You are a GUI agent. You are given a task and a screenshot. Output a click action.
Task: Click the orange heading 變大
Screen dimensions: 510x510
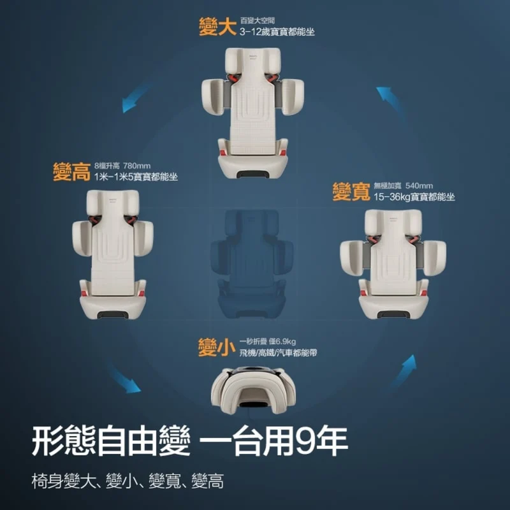tap(217, 26)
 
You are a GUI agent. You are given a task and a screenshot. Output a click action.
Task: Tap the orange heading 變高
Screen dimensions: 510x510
tap(71, 171)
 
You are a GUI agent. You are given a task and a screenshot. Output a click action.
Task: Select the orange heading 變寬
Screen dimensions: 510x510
tap(351, 192)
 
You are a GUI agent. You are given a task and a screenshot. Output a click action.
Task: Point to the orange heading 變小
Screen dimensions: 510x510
tap(217, 347)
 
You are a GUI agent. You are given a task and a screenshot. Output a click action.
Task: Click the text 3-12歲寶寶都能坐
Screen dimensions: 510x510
tap(277, 32)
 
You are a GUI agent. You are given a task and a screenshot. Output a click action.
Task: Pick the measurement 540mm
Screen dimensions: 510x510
tap(419, 186)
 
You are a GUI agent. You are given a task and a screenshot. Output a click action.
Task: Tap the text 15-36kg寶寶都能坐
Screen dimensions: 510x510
tap(414, 197)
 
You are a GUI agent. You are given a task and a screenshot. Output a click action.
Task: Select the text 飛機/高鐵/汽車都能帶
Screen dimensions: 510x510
tap(278, 353)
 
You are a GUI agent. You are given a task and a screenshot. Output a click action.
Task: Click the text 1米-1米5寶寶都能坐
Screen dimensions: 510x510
tap(136, 177)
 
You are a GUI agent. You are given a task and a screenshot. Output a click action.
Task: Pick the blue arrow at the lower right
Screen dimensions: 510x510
tap(404, 372)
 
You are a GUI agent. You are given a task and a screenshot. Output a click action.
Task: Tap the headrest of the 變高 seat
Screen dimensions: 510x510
tap(113, 203)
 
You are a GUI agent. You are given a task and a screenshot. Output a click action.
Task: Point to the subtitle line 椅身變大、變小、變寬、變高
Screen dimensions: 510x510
tap(128, 481)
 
